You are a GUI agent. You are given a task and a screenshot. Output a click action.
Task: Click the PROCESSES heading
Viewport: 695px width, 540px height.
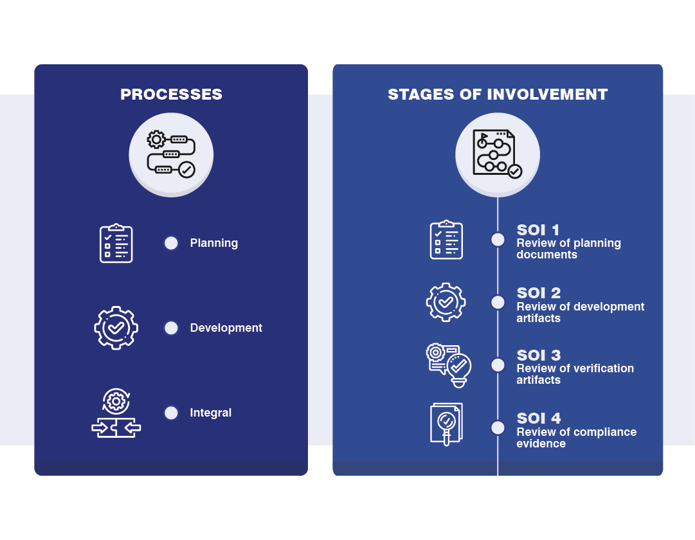click(x=171, y=94)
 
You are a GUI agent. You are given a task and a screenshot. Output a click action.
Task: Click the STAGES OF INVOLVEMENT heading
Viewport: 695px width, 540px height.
click(x=498, y=94)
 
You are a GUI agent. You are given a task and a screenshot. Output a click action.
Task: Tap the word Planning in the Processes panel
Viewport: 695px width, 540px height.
click(x=213, y=243)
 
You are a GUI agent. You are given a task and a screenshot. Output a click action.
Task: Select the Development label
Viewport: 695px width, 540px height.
click(x=226, y=328)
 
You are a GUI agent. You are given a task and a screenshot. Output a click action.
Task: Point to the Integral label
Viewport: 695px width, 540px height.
click(x=210, y=413)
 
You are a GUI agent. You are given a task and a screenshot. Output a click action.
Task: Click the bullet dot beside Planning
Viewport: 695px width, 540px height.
click(x=171, y=243)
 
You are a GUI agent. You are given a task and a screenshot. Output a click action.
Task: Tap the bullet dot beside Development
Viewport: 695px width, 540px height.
click(x=171, y=328)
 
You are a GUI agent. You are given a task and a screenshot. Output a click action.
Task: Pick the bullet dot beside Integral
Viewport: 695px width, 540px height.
click(x=171, y=413)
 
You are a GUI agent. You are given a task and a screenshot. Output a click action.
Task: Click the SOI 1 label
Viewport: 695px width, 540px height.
click(x=537, y=230)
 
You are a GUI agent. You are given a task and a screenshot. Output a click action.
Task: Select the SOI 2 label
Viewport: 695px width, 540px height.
click(x=539, y=293)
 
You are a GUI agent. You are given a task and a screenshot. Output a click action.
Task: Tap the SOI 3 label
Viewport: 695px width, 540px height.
click(x=539, y=355)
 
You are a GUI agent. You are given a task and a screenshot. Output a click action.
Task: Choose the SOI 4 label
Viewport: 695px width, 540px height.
click(x=539, y=419)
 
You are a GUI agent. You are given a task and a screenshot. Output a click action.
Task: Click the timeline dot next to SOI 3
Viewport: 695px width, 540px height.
click(x=498, y=365)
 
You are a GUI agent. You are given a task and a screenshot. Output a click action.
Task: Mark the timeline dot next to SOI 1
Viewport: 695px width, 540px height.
click(x=498, y=239)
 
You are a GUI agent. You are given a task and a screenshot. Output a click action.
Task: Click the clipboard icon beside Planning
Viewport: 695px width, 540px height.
click(x=116, y=244)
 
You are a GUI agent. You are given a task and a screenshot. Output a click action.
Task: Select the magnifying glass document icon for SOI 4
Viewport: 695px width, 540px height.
click(x=446, y=424)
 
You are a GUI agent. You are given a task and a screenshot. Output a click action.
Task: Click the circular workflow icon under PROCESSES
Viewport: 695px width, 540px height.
click(x=171, y=155)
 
